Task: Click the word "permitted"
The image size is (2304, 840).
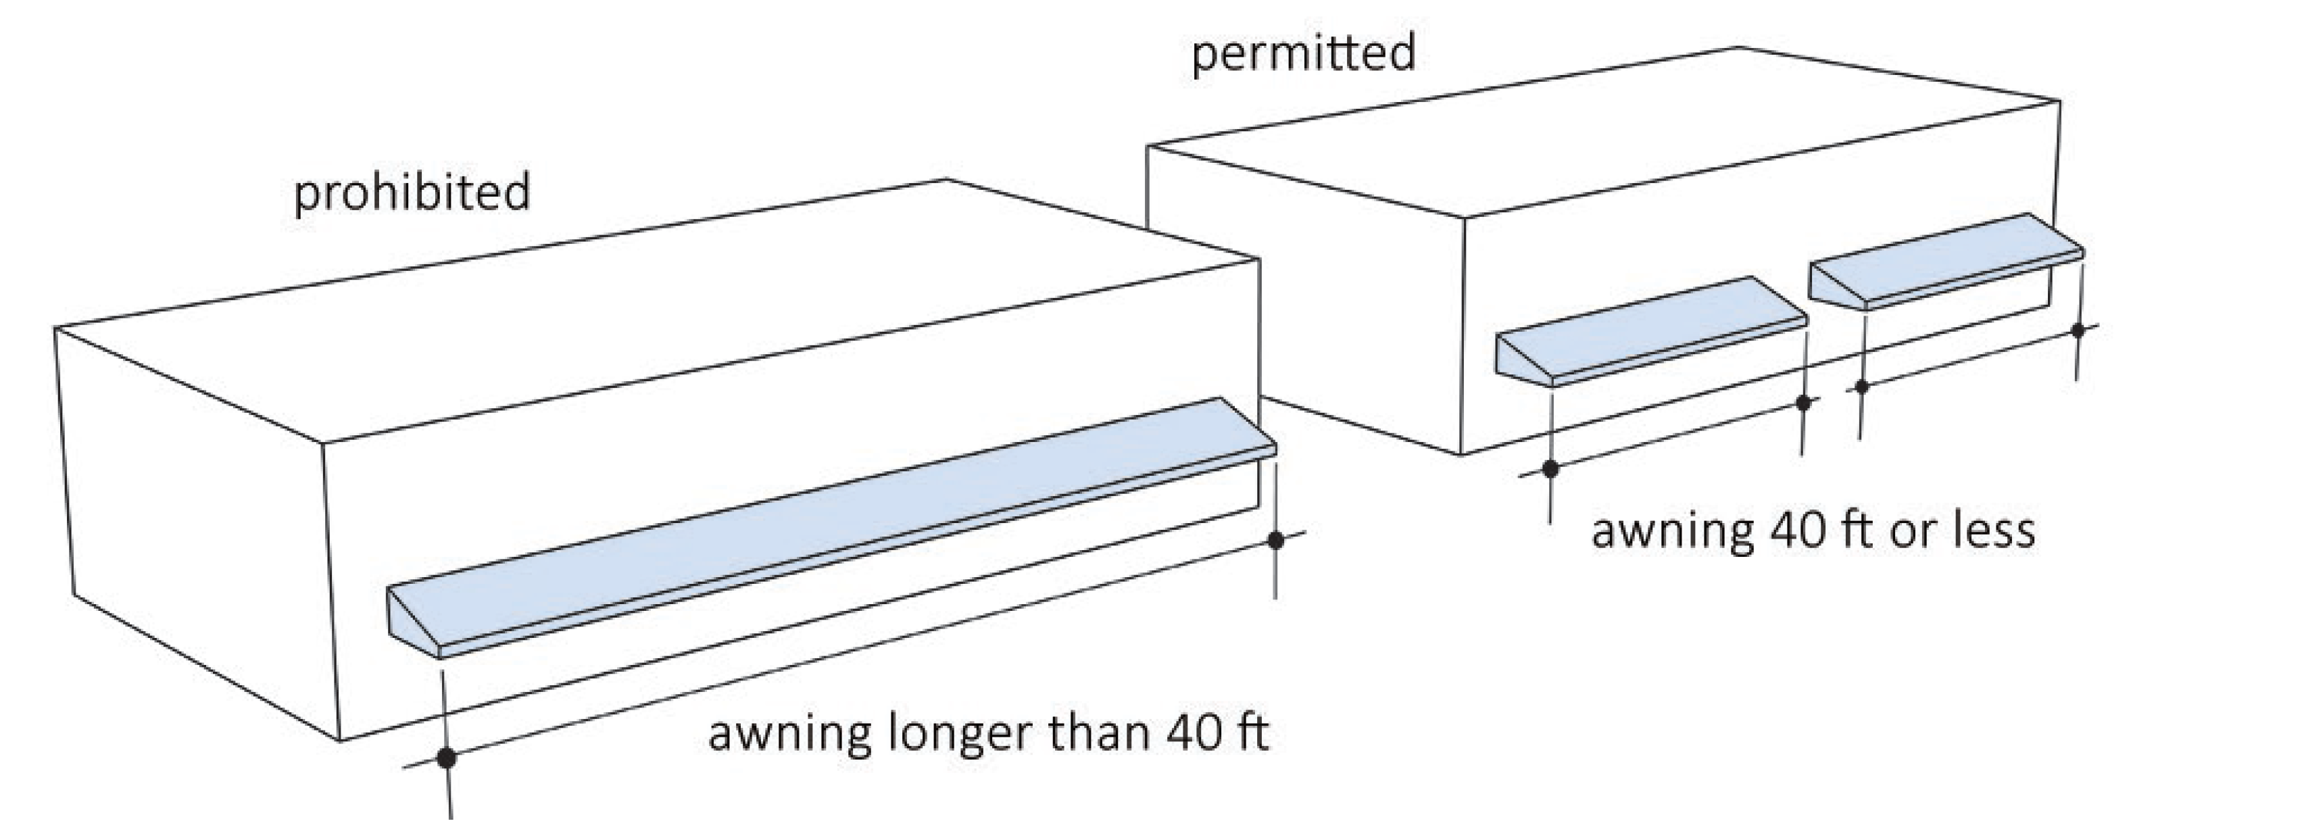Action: (1303, 53)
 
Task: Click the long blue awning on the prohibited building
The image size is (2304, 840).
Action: (832, 528)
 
